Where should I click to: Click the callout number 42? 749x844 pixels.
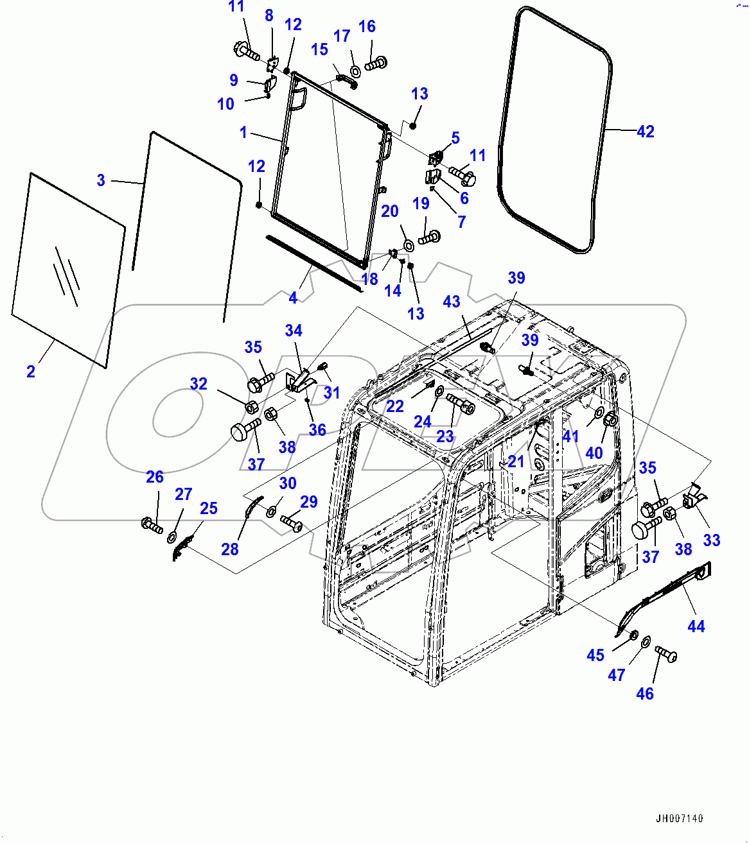645,132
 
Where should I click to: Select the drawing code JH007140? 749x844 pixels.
679,818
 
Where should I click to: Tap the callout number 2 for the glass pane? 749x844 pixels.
31,371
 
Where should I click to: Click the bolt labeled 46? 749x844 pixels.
666,654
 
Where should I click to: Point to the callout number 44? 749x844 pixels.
696,626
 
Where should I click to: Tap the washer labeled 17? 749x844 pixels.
355,71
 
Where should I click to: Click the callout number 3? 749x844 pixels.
101,180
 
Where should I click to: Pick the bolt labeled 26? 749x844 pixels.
152,524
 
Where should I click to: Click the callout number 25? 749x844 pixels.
209,508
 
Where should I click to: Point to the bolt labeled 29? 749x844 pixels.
292,524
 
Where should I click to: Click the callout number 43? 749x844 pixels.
452,302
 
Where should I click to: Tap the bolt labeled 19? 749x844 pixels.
428,237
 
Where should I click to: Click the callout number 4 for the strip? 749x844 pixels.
293,298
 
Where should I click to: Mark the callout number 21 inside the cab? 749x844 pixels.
516,461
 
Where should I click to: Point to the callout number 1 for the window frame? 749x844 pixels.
243,132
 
